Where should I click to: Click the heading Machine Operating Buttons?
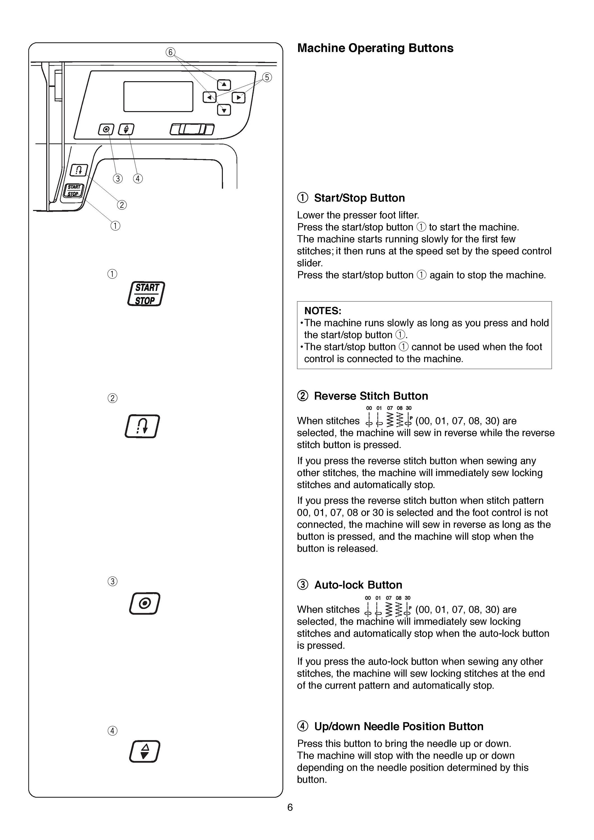click(x=375, y=48)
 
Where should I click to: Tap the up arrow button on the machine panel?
click(x=224, y=85)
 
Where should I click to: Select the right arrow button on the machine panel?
click(x=239, y=97)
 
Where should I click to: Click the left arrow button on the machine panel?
click(x=210, y=97)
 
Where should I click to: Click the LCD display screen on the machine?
click(x=158, y=96)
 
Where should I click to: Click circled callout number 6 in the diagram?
click(x=170, y=52)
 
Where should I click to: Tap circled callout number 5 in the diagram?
click(x=267, y=77)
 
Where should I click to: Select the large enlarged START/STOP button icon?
click(x=146, y=294)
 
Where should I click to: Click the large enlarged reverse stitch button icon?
click(x=142, y=426)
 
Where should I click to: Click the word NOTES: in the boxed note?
click(x=323, y=311)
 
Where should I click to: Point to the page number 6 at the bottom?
click(x=290, y=808)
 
